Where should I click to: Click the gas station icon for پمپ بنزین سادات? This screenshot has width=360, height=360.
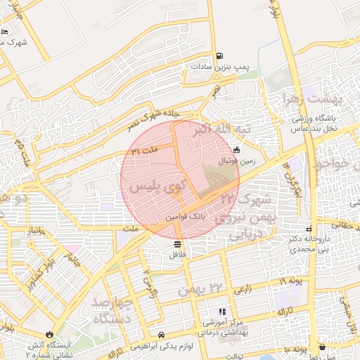(x=220, y=56)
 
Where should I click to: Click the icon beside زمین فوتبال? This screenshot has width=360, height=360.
(x=236, y=149)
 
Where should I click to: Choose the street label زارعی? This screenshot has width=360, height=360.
(x=243, y=289)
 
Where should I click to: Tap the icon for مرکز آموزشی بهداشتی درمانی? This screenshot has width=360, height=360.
(x=222, y=311)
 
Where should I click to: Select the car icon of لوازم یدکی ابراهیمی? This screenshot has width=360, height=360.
(x=162, y=335)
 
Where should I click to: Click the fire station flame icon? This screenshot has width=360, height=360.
(x=49, y=334)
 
